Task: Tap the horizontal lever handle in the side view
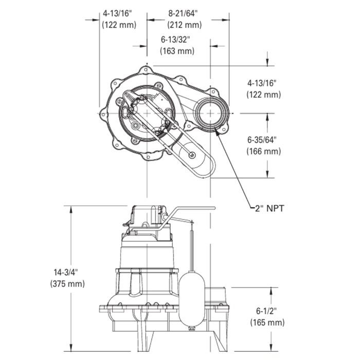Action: coord(193,208)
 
